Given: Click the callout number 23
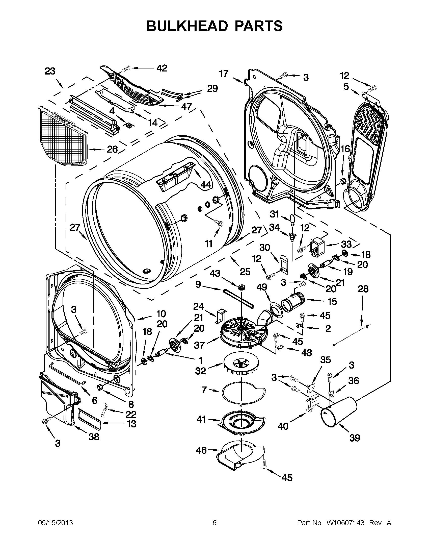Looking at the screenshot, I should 50,71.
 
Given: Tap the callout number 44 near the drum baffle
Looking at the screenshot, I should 205,185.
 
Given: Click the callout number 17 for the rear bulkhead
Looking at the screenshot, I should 224,74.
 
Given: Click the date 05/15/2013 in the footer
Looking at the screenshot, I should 56,523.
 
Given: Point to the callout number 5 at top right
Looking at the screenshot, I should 346,87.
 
